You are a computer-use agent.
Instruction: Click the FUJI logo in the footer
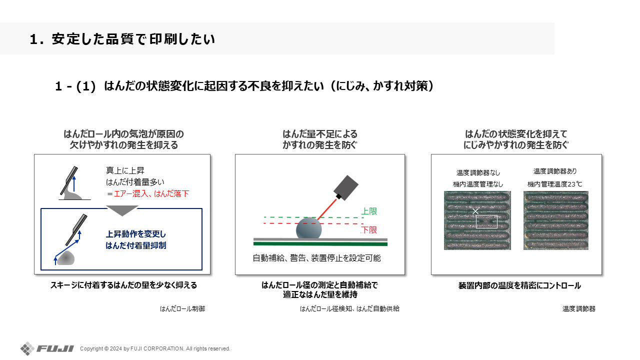click(47, 348)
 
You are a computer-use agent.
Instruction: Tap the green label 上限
click(369, 211)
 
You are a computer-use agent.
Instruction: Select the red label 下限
click(369, 230)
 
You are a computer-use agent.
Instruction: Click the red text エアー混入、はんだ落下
click(151, 193)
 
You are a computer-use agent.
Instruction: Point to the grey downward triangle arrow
click(122, 210)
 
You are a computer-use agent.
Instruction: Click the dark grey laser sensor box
click(346, 187)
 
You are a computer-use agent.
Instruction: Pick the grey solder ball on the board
click(308, 228)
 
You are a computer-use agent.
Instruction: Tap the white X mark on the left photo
click(475, 211)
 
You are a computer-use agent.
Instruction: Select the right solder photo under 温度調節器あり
click(555, 220)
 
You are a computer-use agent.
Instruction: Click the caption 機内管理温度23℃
click(554, 184)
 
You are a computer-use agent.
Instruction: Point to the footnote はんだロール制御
click(182, 309)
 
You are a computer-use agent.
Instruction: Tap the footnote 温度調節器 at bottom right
click(579, 309)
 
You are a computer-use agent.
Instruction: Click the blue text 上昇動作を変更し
click(135, 234)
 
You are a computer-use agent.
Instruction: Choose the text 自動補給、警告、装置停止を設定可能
click(316, 258)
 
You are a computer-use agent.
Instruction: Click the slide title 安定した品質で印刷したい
click(133, 39)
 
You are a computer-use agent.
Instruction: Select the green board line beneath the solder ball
click(320, 243)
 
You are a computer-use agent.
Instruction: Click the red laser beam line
click(327, 209)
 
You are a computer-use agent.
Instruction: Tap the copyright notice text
click(155, 348)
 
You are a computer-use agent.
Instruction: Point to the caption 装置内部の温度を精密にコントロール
click(519, 285)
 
